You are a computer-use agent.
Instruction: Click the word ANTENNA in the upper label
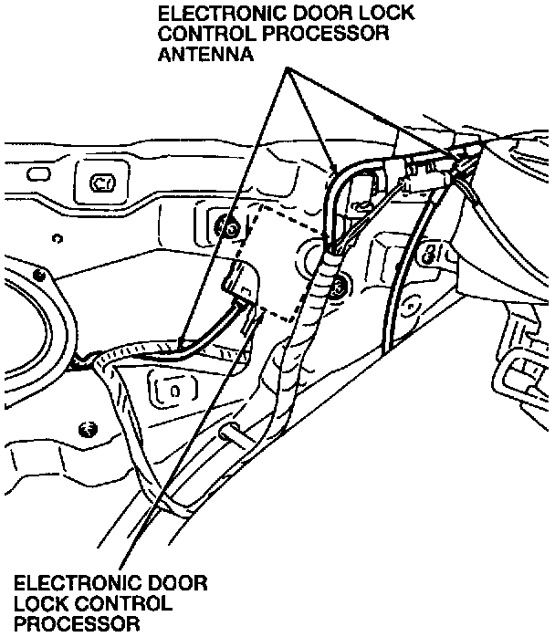[205, 54]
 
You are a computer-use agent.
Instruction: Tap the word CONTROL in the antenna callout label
[207, 34]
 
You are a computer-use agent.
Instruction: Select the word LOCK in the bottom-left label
[40, 603]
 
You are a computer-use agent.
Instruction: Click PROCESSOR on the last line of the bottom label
[78, 624]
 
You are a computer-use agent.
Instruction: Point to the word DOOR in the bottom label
[178, 583]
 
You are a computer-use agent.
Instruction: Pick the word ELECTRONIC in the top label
[222, 13]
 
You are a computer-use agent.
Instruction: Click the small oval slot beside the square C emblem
[38, 174]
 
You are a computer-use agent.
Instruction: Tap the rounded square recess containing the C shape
[102, 182]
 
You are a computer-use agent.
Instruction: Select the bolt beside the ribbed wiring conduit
[340, 287]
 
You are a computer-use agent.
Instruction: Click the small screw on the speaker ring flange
[39, 276]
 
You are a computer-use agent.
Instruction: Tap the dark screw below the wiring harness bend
[88, 428]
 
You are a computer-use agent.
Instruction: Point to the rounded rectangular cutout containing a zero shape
[174, 391]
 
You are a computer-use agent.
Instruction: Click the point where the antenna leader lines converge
[288, 68]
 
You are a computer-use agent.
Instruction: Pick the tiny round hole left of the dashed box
[58, 238]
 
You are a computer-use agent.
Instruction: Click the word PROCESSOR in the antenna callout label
[326, 34]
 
